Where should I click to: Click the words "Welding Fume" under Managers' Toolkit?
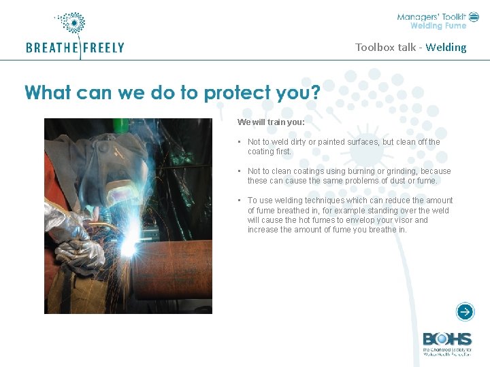(438, 27)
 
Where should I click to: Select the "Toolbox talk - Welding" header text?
(410, 48)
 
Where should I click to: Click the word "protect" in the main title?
(235, 92)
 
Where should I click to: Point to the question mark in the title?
(314, 92)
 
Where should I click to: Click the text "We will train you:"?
(271, 122)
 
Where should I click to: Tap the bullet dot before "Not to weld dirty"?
(240, 142)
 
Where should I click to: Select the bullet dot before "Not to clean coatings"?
(240, 171)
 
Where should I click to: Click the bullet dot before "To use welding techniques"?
(240, 200)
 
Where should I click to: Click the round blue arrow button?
(465, 312)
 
